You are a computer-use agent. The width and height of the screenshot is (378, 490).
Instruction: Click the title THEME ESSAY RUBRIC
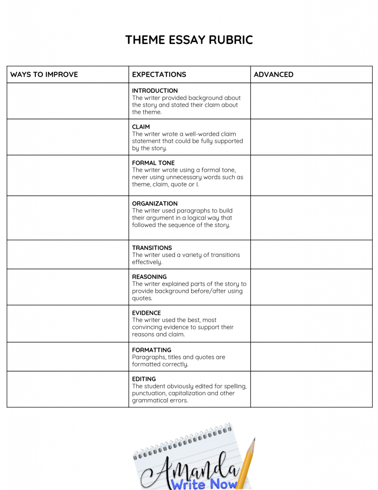point(189,40)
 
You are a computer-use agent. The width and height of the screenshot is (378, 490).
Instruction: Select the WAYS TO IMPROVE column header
point(44,75)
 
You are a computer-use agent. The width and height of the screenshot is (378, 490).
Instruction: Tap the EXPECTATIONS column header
point(159,75)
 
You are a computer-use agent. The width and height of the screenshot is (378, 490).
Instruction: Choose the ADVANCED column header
point(273,75)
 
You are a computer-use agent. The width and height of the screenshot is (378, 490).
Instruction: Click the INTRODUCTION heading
point(155,90)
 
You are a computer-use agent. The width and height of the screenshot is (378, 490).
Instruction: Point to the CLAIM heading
point(141,127)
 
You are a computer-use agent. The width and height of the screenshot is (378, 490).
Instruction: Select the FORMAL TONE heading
point(153,163)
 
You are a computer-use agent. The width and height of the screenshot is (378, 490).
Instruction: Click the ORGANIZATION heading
point(155,203)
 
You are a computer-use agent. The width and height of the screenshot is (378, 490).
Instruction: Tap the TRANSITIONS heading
point(152,248)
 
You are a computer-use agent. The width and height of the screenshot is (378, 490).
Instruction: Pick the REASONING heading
point(150,277)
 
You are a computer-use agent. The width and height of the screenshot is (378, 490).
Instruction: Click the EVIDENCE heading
point(147,313)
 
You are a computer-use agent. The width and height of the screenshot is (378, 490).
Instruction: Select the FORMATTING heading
point(151,350)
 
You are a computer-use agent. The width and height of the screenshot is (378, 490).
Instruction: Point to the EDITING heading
point(144,379)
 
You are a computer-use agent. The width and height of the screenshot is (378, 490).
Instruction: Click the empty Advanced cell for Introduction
point(311,101)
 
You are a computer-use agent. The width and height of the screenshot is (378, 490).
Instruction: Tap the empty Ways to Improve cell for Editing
point(67,389)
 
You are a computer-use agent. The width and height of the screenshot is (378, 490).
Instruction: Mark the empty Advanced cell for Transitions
point(311,254)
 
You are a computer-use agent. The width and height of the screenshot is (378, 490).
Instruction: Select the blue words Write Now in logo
point(205,484)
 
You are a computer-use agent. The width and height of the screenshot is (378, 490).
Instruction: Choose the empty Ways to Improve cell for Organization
point(67,218)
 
